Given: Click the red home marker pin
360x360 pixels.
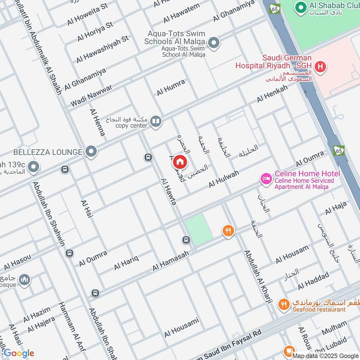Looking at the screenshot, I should (x=180, y=162).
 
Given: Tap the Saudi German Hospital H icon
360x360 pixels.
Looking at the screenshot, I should (x=320, y=68).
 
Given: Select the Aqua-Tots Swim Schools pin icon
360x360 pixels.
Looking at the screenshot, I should (x=214, y=43).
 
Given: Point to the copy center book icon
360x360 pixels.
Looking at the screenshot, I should (x=156, y=121).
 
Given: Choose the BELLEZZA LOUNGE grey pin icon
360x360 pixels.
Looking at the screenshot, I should (x=91, y=152).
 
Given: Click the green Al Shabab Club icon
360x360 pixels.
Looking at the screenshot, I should (x=300, y=8).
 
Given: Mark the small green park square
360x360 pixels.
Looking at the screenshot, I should (x=198, y=230).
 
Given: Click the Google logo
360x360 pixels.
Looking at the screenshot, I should (x=18, y=353).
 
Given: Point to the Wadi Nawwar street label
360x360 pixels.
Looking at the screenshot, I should (x=91, y=95).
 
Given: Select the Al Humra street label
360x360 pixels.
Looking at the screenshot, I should (x=171, y=87).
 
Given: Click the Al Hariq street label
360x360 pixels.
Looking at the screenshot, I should (x=126, y=262).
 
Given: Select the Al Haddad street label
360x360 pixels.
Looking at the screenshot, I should (x=315, y=281).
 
